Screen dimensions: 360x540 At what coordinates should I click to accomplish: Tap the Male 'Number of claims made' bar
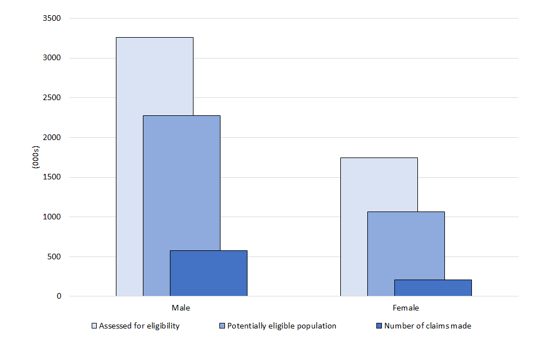(x=209, y=273)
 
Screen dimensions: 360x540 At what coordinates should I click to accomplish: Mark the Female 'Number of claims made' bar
(x=433, y=288)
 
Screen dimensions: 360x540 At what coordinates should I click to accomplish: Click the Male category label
(x=181, y=308)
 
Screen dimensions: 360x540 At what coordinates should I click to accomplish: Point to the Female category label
(x=406, y=308)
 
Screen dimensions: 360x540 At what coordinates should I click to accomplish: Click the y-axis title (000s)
(x=35, y=157)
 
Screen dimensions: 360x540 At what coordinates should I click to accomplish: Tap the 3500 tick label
(x=52, y=19)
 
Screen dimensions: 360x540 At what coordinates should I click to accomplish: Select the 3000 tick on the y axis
(x=52, y=58)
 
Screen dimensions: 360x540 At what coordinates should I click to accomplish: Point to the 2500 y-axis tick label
(x=52, y=98)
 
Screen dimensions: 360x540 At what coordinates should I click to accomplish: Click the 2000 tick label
(x=52, y=138)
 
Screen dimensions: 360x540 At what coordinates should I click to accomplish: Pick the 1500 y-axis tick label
(x=52, y=177)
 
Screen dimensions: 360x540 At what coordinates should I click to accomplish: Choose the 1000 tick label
(x=52, y=217)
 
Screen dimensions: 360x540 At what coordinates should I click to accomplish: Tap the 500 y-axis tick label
(x=55, y=256)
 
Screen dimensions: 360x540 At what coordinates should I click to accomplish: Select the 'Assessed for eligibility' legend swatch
(x=94, y=326)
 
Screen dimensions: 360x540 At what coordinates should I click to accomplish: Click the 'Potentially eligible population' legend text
(x=282, y=326)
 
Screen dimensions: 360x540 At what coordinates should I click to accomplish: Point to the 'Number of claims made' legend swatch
(x=379, y=326)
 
